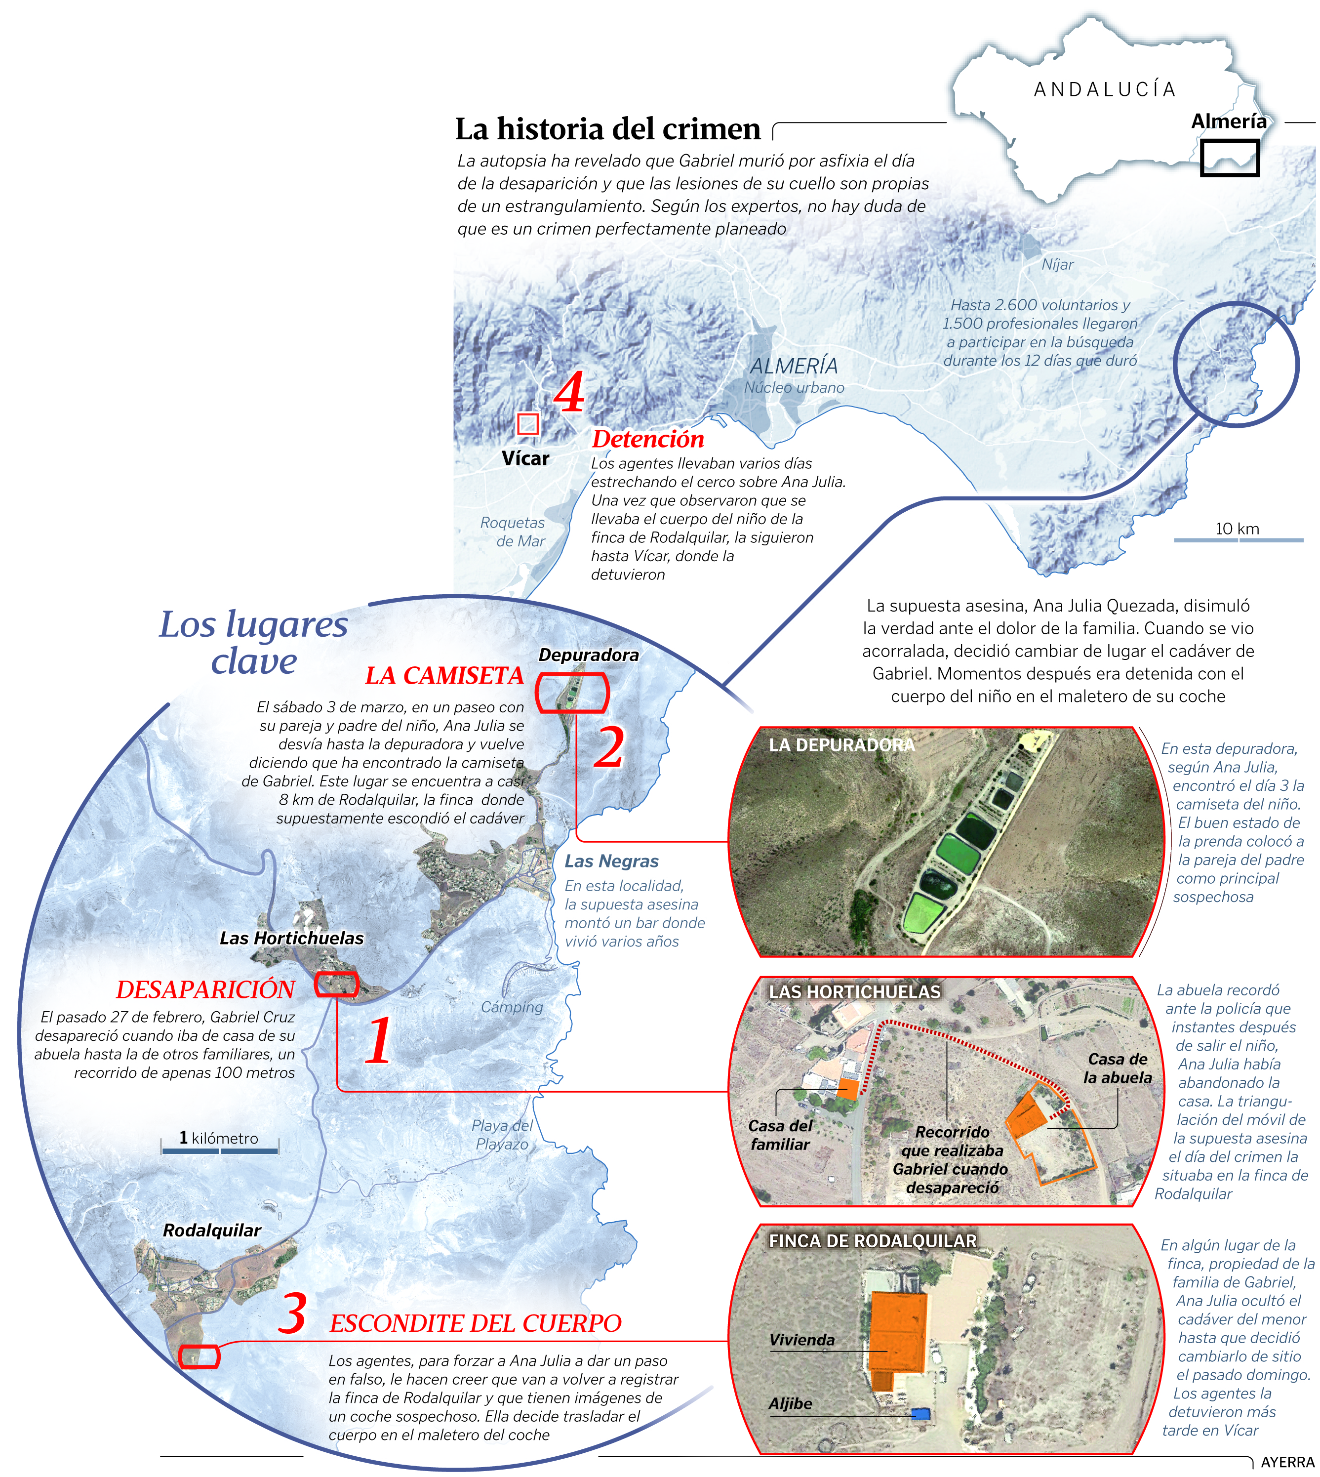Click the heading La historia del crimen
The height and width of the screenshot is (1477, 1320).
point(608,129)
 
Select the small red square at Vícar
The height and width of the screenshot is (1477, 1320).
point(527,424)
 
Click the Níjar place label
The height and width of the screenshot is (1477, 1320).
point(1057,265)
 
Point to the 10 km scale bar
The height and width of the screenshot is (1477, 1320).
point(1238,539)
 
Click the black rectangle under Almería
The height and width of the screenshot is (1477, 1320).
point(1229,158)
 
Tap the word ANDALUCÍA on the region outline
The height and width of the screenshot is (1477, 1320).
point(1104,90)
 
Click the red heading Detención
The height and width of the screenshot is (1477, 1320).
point(648,439)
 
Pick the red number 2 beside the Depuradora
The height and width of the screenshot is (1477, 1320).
point(608,747)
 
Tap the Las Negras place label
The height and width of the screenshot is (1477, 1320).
point(611,861)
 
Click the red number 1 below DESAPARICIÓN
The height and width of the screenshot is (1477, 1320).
point(378,1040)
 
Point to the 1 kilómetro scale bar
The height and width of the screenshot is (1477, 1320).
point(220,1150)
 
